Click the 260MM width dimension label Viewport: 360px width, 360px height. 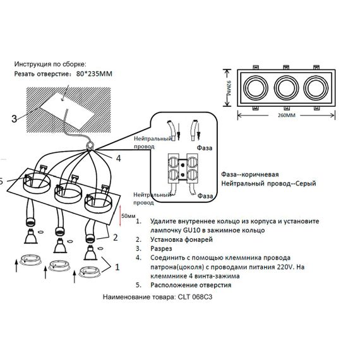point(285,116)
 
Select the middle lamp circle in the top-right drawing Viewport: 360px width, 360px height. point(285,86)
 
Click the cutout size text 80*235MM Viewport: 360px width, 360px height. point(92,73)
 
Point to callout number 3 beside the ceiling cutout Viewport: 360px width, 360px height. point(14,117)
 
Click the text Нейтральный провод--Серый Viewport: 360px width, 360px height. point(269,184)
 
